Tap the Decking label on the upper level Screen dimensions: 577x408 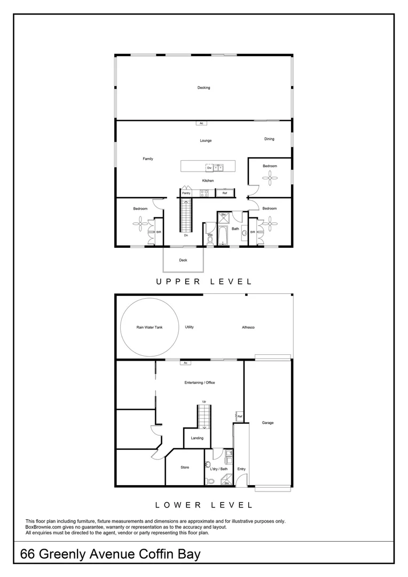[x=203, y=88]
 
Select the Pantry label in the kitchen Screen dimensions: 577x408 [x=186, y=193]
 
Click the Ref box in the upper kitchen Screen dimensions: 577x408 [x=225, y=193]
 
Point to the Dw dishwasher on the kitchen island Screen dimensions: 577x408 [x=209, y=168]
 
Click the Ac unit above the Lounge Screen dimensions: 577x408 [x=201, y=123]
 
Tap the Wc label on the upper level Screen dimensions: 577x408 [x=210, y=234]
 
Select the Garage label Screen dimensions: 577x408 [x=268, y=423]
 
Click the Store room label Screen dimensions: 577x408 [x=185, y=467]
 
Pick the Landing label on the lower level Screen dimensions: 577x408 [x=197, y=438]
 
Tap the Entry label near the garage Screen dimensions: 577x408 [x=241, y=469]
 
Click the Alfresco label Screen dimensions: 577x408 [x=248, y=327]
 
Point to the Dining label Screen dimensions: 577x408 [x=269, y=139]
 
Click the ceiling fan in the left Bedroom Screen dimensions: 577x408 [x=140, y=224]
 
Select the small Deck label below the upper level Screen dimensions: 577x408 [x=183, y=261]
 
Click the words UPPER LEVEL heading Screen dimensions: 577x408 [x=203, y=281]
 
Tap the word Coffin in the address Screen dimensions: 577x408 [x=145, y=554]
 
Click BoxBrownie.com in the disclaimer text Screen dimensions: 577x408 [x=44, y=527]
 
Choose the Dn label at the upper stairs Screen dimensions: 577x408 [x=185, y=235]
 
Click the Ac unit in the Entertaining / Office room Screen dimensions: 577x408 [x=185, y=363]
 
